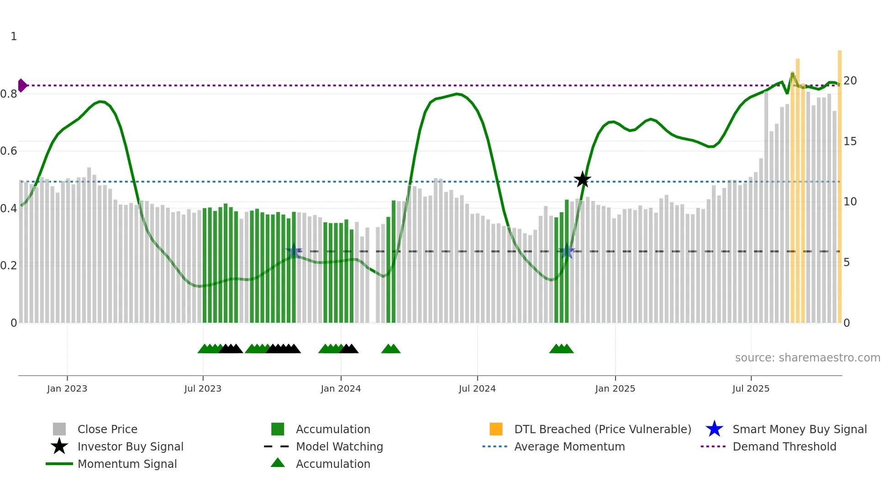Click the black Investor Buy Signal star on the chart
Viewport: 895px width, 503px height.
coord(582,179)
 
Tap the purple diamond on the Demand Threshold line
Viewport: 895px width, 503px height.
coord(22,85)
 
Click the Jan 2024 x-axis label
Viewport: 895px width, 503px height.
coord(341,388)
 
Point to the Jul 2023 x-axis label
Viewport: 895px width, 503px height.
coord(203,388)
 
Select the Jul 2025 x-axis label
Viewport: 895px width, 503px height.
coord(751,388)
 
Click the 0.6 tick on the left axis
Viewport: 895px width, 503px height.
coord(9,151)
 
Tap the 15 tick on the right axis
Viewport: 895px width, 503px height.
coord(850,141)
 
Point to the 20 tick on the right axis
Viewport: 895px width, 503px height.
coord(850,81)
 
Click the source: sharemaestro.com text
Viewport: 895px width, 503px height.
coord(807,358)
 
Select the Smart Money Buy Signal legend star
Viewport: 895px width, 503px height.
coord(714,429)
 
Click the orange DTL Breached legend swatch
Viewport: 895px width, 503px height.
coord(496,429)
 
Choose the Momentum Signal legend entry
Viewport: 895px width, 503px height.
coord(127,464)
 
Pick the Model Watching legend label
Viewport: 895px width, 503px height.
coord(339,446)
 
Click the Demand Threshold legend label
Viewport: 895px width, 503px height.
coord(784,446)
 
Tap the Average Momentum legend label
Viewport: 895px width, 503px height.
coord(569,446)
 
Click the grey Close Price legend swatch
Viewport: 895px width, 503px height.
coord(59,429)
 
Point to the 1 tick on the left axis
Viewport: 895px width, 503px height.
coord(14,37)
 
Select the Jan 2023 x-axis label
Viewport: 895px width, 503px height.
coord(67,388)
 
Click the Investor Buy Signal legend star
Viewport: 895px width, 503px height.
coord(59,446)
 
